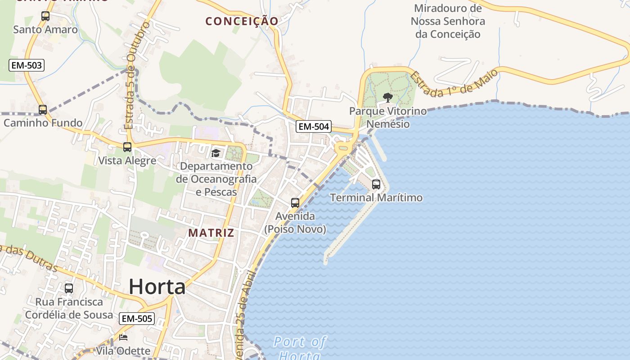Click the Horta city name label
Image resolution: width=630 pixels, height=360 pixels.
pyautogui.click(x=157, y=287)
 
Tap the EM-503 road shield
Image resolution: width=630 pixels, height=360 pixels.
pyautogui.click(x=27, y=65)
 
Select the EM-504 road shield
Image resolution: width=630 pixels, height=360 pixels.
pyautogui.click(x=314, y=126)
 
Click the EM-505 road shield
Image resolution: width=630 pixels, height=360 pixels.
pyautogui.click(x=137, y=319)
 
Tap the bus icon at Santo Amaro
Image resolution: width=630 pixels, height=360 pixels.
pyautogui.click(x=45, y=17)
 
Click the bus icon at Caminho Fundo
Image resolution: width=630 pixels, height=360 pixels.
pyautogui.click(x=43, y=109)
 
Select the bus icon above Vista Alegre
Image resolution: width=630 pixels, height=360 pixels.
pyautogui.click(x=127, y=147)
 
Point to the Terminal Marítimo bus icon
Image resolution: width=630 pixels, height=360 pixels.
pyautogui.click(x=376, y=184)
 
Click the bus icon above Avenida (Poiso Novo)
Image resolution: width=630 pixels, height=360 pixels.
pyautogui.click(x=295, y=203)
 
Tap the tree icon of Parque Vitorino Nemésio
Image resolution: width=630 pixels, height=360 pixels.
pyautogui.click(x=387, y=97)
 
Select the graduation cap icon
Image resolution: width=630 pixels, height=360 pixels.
pyautogui.click(x=216, y=153)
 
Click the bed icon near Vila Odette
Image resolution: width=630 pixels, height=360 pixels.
pyautogui.click(x=123, y=337)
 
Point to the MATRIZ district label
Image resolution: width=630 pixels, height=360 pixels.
pyautogui.click(x=211, y=233)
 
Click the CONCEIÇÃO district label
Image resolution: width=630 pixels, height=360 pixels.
pyautogui.click(x=242, y=21)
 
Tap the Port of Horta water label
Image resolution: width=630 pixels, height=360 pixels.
pyautogui.click(x=299, y=347)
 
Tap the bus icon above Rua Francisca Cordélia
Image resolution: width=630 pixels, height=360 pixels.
pyautogui.click(x=69, y=288)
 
